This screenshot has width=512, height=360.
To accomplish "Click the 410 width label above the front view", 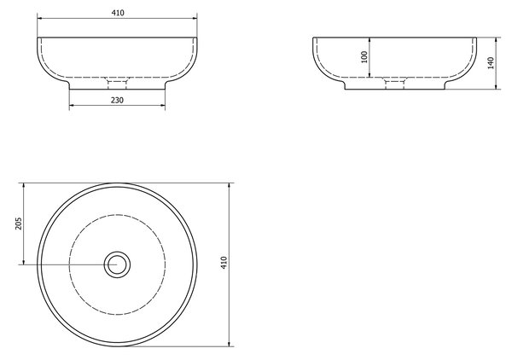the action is click(118, 13).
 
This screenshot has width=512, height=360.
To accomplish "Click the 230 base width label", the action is click(117, 100).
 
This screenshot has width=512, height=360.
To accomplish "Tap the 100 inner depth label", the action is click(364, 57).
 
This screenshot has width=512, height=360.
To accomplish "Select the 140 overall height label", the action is click(491, 63).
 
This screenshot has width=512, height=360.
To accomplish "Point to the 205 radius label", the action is click(18, 224).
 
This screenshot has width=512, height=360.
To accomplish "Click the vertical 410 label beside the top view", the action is click(224, 263).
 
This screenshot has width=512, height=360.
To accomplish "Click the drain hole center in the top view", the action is click(117, 264).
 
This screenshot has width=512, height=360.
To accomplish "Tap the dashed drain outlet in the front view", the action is click(117, 83).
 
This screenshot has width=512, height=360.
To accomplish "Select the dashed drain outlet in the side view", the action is click(394, 83).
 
